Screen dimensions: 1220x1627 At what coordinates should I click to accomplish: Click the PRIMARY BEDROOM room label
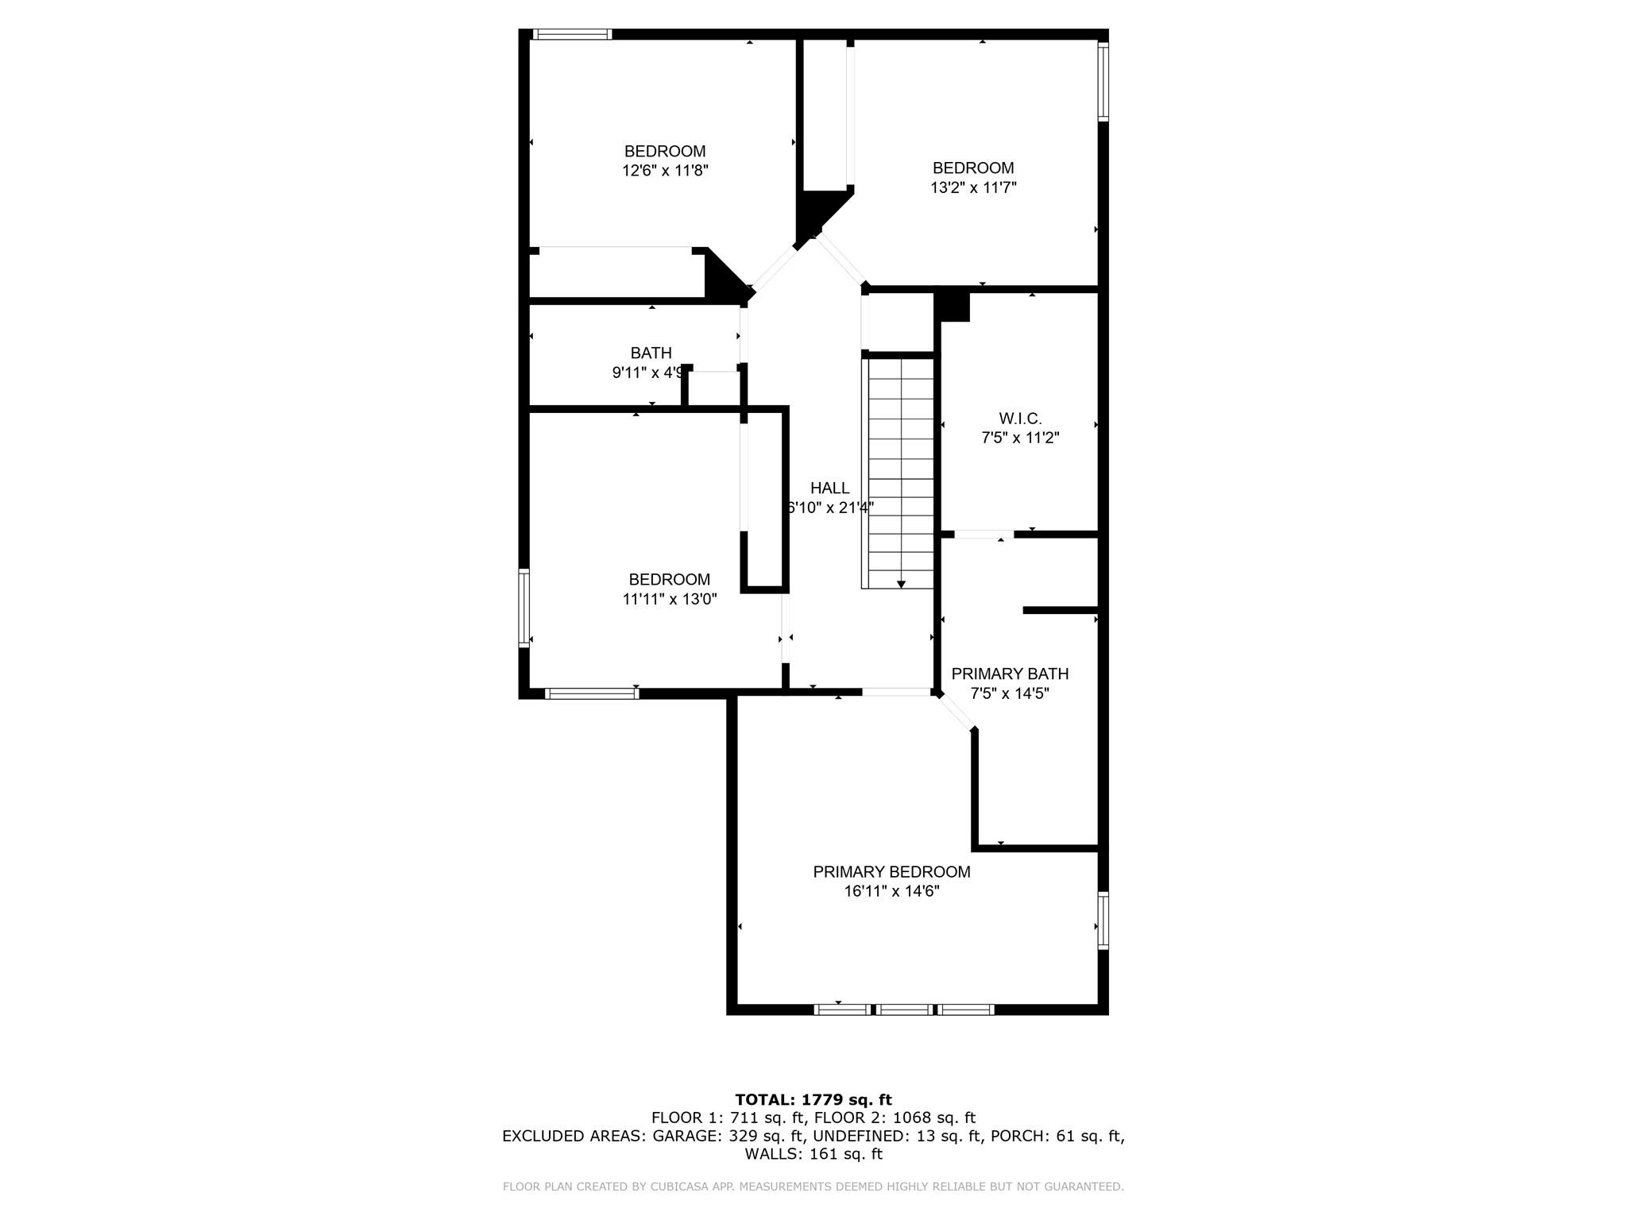tap(891, 871)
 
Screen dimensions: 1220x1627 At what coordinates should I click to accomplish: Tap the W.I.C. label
tap(1020, 418)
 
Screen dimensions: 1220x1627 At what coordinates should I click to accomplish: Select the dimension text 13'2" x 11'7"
tap(973, 187)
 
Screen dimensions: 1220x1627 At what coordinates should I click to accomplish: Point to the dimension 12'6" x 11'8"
tap(665, 170)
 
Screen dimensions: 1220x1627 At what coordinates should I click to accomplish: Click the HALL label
tap(829, 488)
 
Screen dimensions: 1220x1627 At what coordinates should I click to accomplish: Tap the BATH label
tap(651, 353)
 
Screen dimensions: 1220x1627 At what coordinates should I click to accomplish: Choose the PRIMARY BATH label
tap(1010, 674)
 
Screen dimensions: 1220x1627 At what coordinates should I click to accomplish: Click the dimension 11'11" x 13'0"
tap(670, 599)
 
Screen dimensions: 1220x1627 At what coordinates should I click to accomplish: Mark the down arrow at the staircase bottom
tap(901, 584)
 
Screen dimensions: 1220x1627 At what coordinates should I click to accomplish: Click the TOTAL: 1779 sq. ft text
tap(813, 1099)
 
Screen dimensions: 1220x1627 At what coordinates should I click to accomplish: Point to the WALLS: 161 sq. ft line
tap(813, 1154)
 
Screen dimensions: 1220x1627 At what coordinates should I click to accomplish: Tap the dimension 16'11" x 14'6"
tap(891, 891)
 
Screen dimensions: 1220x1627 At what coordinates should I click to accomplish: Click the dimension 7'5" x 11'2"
tap(1020, 438)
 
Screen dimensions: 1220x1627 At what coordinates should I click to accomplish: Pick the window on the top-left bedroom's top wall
tap(572, 34)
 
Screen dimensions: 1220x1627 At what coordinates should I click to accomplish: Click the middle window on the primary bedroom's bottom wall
tap(905, 1010)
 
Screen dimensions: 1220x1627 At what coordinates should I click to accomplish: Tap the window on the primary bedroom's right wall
tap(1103, 920)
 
